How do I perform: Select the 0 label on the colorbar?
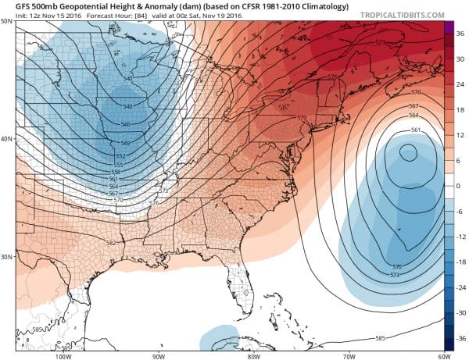point(460,186)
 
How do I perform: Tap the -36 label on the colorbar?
point(460,338)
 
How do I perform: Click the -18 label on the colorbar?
point(460,262)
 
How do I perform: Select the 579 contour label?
point(302,118)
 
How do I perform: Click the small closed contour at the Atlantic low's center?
point(407,153)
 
